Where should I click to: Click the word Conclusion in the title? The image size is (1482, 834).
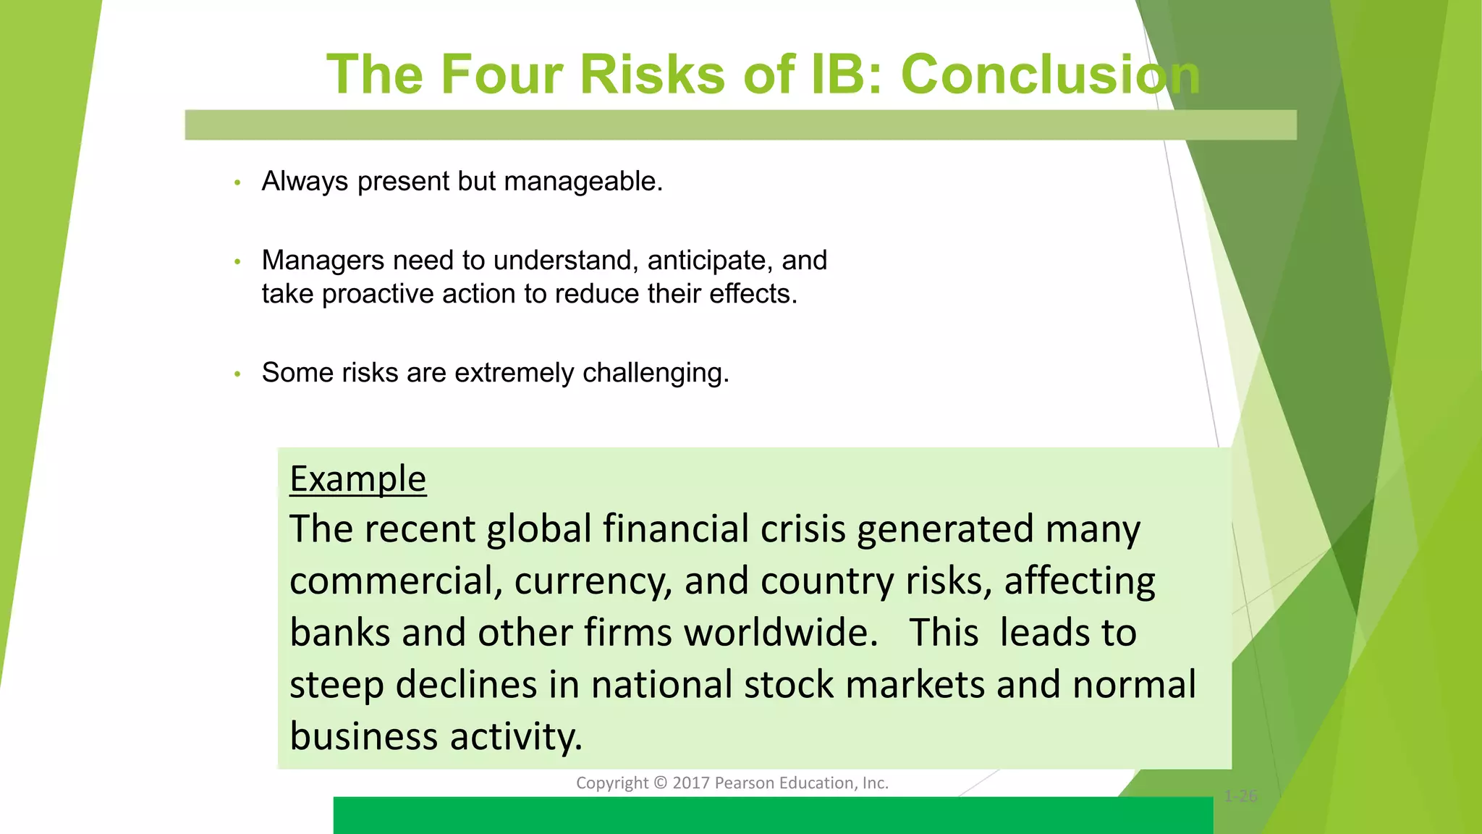click(x=1051, y=75)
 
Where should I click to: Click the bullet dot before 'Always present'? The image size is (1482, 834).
click(x=237, y=182)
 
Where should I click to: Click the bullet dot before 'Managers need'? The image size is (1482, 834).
click(x=237, y=262)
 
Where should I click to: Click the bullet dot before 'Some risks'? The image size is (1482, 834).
click(x=237, y=374)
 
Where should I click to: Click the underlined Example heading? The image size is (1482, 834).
click(x=357, y=479)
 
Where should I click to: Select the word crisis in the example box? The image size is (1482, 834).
click(x=803, y=528)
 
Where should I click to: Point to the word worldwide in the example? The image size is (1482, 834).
click(x=781, y=633)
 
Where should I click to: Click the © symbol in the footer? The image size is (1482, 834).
click(x=660, y=783)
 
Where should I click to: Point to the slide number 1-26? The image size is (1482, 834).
click(x=1240, y=796)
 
